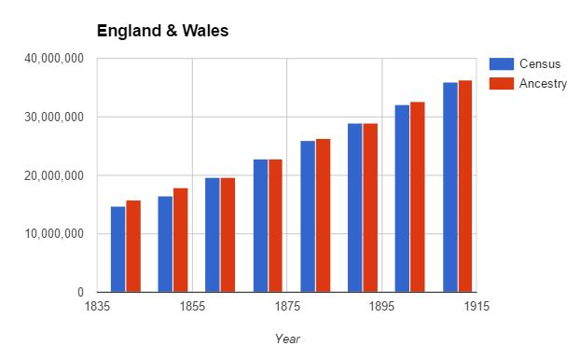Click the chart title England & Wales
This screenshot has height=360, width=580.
[163, 31]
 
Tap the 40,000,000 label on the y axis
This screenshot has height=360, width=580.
[54, 59]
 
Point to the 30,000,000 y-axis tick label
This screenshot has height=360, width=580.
[54, 117]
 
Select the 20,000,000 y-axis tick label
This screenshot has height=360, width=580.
[54, 175]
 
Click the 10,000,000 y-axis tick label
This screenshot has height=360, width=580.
[54, 234]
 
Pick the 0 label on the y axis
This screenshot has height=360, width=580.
[80, 292]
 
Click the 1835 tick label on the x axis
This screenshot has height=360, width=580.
[97, 306]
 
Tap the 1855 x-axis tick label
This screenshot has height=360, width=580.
[192, 306]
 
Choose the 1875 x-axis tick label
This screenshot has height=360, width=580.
[287, 306]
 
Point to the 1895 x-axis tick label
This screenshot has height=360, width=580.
[381, 306]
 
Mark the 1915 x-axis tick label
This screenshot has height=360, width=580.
[476, 306]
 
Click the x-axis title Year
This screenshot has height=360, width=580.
[287, 339]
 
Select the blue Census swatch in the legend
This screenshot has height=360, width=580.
[502, 64]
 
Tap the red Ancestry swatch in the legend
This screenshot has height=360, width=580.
[502, 84]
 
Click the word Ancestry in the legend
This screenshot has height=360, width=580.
[543, 84]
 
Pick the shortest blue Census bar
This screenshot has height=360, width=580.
[118, 249]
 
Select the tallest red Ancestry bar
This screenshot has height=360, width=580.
[465, 187]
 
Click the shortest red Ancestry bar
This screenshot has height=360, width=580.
[133, 246]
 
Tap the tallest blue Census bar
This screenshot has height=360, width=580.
[450, 187]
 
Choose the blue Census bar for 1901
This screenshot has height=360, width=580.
[402, 199]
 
